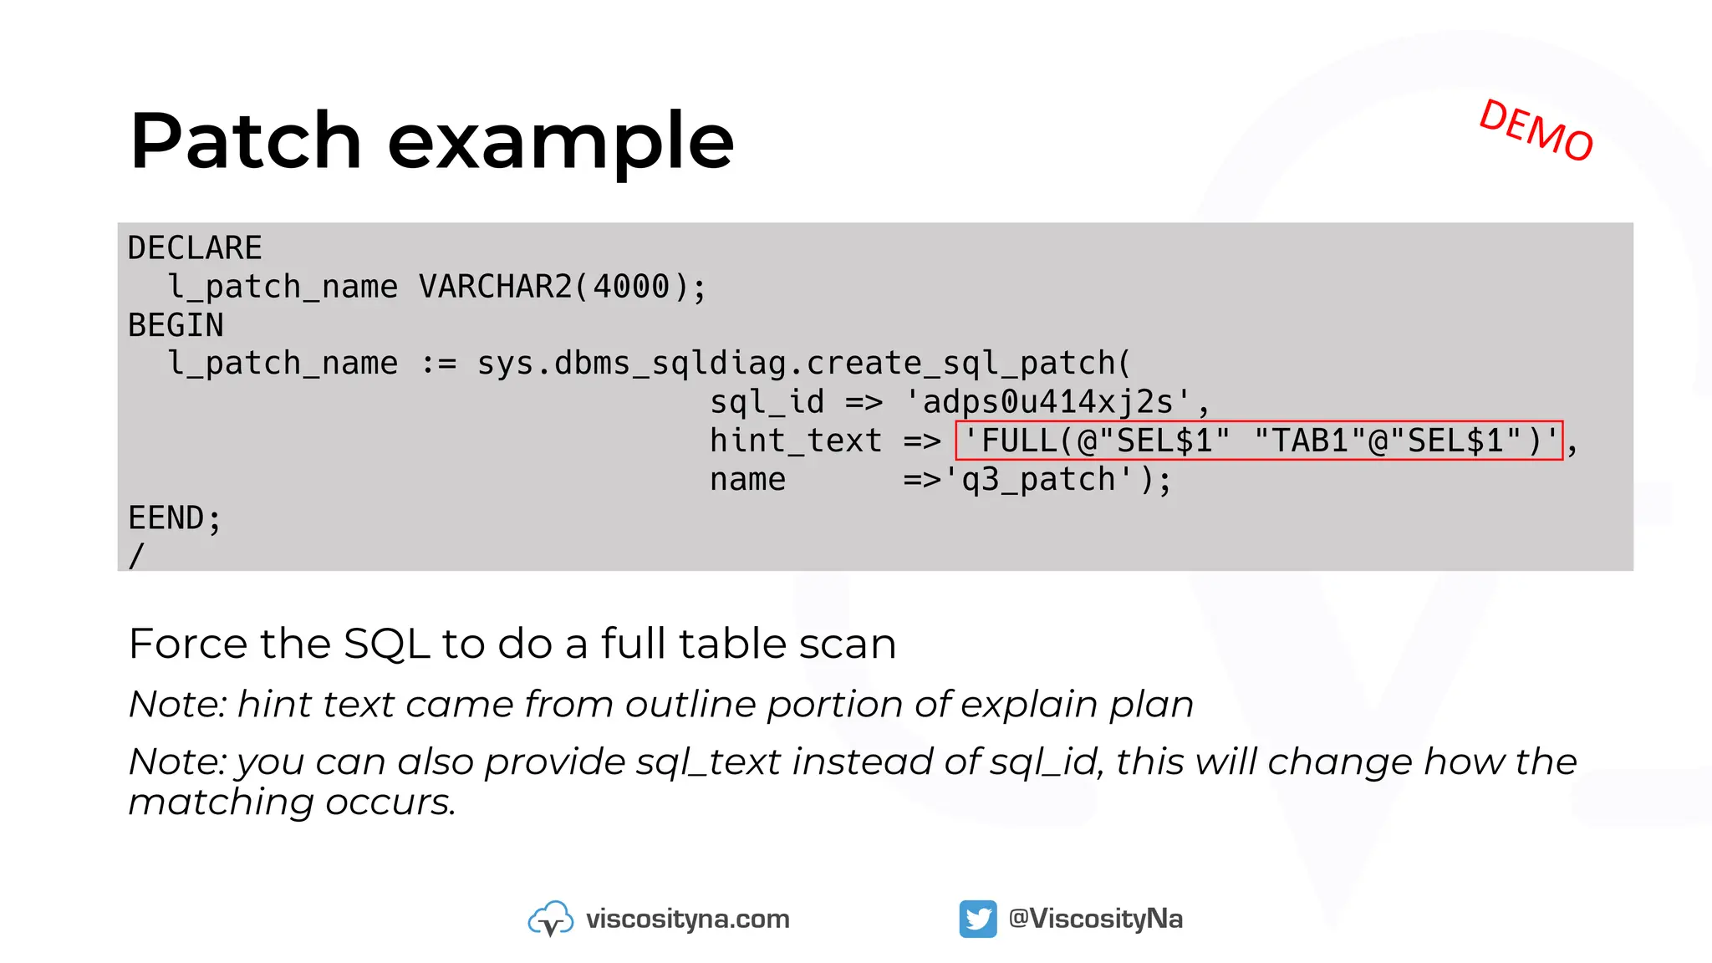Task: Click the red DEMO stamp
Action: (1536, 130)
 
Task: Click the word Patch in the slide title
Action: (246, 141)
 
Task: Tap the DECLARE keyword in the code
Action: (195, 248)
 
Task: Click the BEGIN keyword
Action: (176, 325)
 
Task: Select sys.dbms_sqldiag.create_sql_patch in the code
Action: (802, 364)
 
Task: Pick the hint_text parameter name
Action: (795, 441)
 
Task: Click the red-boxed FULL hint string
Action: (1259, 441)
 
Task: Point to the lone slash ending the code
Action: (136, 555)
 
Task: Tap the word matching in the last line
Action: (221, 802)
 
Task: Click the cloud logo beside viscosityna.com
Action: (550, 919)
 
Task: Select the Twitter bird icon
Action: (977, 919)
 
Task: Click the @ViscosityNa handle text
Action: (1095, 919)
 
